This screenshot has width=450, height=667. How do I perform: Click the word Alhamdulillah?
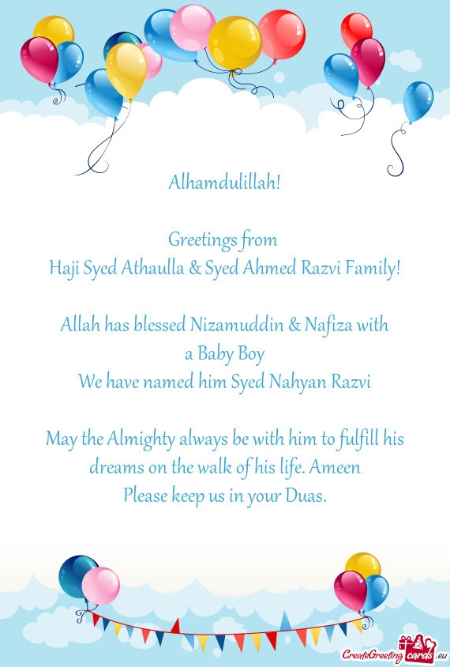coord(225,183)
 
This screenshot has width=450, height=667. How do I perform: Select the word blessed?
coord(156,324)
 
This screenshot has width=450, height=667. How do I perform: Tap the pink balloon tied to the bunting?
coord(100,586)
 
